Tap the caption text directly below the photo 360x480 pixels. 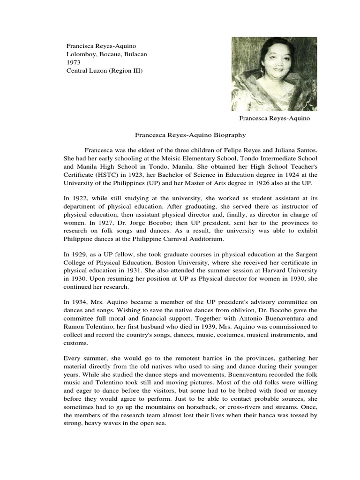tap(275, 119)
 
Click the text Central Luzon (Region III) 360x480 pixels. tap(104, 71)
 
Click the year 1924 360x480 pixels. tap(277, 175)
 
